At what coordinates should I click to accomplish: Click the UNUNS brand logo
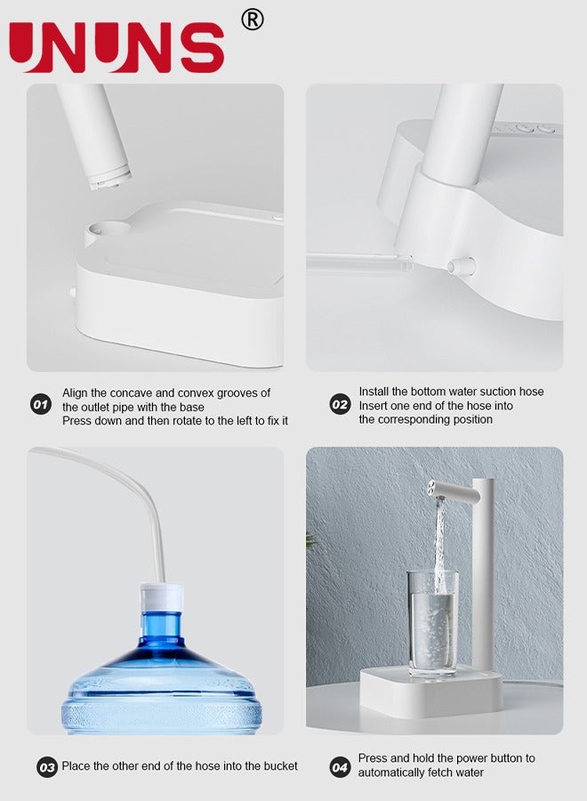click(117, 47)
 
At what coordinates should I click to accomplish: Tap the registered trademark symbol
click(253, 20)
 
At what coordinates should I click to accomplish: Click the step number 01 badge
click(41, 405)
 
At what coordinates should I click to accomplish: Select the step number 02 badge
click(340, 405)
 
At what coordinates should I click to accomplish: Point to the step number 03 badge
click(46, 766)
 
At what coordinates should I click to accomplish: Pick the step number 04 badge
click(340, 765)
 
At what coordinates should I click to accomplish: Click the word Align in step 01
click(76, 392)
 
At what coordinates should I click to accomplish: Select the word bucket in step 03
click(280, 765)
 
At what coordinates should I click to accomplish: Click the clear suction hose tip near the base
click(405, 263)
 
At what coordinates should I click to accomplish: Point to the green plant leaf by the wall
click(310, 539)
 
